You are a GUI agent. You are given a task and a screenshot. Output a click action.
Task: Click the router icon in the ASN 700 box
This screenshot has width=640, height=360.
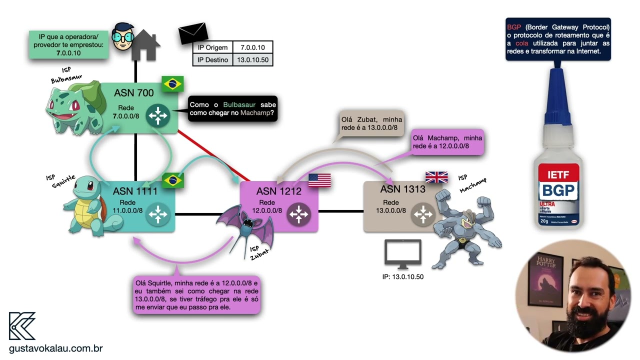[158, 116]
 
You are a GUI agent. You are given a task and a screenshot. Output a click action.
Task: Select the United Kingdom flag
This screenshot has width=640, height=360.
[436, 177]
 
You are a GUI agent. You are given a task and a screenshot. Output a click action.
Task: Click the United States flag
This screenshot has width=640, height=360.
[319, 180]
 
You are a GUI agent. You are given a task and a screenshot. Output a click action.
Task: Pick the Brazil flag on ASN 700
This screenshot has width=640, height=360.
[172, 83]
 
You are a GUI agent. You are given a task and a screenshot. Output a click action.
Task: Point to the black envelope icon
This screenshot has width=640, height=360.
[193, 33]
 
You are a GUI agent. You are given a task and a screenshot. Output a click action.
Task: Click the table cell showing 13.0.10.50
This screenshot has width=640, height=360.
[253, 60]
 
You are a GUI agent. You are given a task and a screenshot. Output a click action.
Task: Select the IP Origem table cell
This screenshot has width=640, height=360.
[212, 47]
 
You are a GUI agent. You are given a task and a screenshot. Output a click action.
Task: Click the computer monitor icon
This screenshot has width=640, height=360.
[402, 254]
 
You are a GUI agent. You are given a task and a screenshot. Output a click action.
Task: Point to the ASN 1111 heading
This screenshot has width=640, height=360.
[135, 191]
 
